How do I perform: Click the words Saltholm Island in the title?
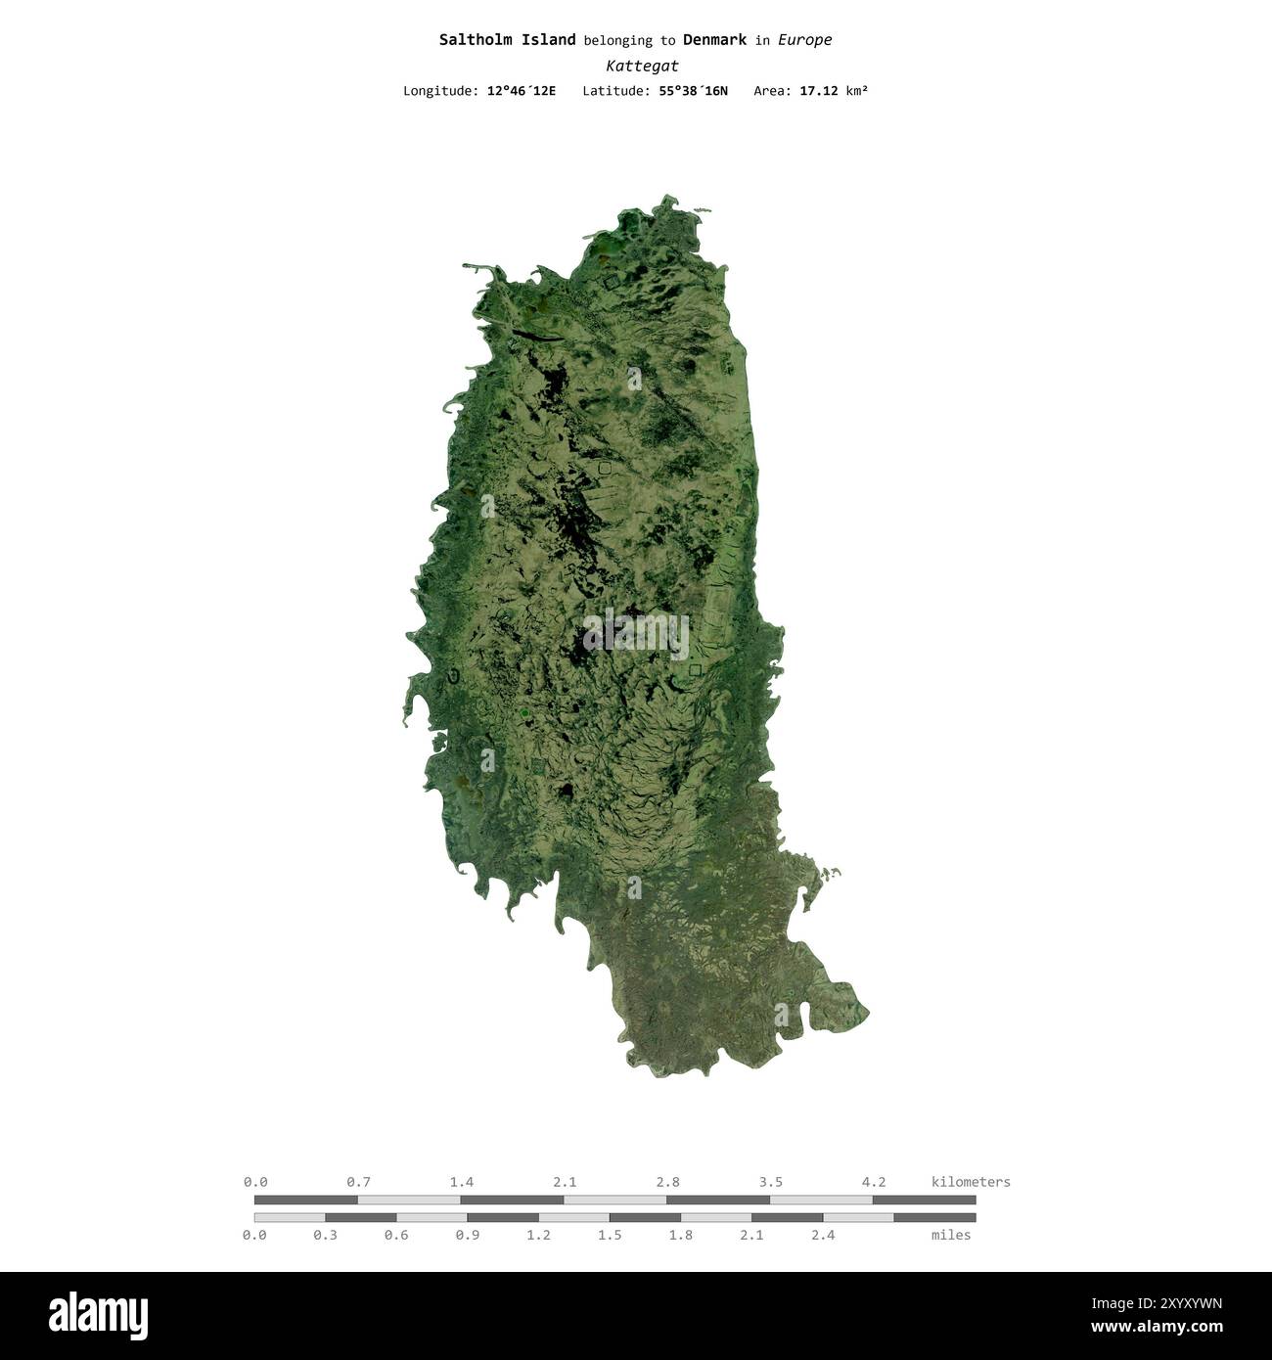(507, 40)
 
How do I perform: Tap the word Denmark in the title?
(714, 40)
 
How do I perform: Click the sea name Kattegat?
(642, 67)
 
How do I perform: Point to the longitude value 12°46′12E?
(521, 91)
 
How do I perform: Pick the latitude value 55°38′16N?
(693, 91)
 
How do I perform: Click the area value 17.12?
(820, 91)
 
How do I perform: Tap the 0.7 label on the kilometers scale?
(358, 1182)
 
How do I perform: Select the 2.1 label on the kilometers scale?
(565, 1182)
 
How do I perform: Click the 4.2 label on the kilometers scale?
(874, 1182)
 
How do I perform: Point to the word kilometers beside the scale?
(971, 1182)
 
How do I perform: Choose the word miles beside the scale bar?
(951, 1235)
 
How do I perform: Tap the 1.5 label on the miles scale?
(610, 1235)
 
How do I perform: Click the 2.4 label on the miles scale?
(823, 1235)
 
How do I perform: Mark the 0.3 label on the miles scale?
(326, 1235)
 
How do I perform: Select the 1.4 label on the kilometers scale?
(462, 1182)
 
